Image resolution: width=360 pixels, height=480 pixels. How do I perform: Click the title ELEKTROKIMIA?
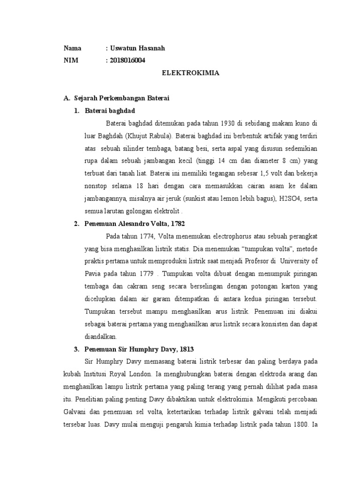point(191,74)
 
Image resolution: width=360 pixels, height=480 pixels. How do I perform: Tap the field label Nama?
point(73,48)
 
